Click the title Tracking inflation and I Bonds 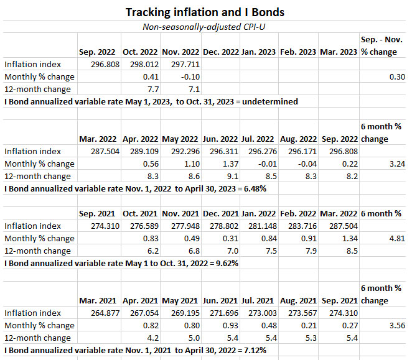point(205,12)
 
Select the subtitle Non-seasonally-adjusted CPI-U point(205,27)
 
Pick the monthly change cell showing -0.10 point(184,76)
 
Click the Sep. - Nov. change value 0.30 point(391,76)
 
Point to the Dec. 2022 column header point(220,52)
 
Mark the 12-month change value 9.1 point(228,176)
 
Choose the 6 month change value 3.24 point(391,164)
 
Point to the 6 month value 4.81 point(391,238)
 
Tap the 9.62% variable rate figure point(223,263)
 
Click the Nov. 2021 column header point(180,213)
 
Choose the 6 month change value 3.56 point(391,325)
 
